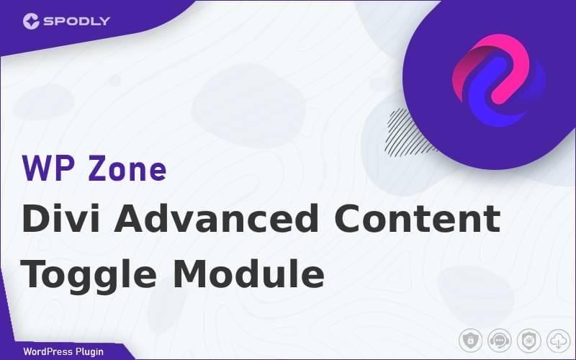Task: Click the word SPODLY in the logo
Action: pos(77,21)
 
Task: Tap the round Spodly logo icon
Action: pos(31,21)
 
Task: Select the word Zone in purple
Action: pos(127,168)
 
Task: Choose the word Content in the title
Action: pos(418,219)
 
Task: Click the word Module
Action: pos(248,274)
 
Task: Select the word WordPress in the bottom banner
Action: pos(48,351)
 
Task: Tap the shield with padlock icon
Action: pos(470,341)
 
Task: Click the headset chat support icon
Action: pos(500,341)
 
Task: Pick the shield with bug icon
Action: pos(529,341)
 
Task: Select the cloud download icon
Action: pos(559,341)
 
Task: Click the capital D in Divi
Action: pos(35,218)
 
